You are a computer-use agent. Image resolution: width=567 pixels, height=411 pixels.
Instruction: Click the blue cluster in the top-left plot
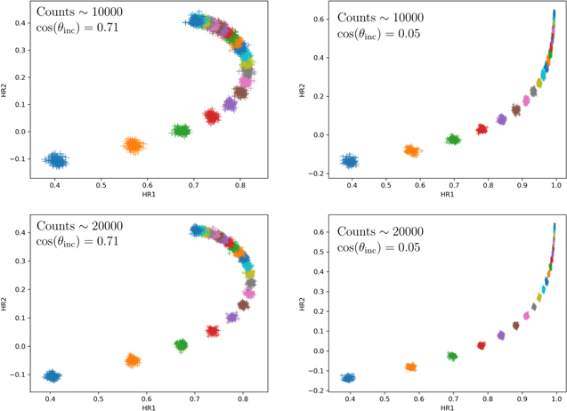pos(56,160)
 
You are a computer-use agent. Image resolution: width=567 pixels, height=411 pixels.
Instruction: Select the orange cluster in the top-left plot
pos(133,144)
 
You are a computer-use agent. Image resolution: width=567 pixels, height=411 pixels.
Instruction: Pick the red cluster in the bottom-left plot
pos(213,331)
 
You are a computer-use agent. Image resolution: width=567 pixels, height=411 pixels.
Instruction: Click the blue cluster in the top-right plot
pos(350,161)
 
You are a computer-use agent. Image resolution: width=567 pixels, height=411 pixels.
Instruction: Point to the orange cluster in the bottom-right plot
pos(411,367)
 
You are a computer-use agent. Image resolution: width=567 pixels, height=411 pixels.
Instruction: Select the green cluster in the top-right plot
pos(453,140)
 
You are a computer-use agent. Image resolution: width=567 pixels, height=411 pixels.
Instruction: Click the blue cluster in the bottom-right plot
pos(349,378)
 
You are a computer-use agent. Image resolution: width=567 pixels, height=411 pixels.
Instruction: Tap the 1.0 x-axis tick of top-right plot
pos(556,188)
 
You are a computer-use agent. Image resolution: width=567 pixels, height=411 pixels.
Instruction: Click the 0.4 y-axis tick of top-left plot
pos(20,22)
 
